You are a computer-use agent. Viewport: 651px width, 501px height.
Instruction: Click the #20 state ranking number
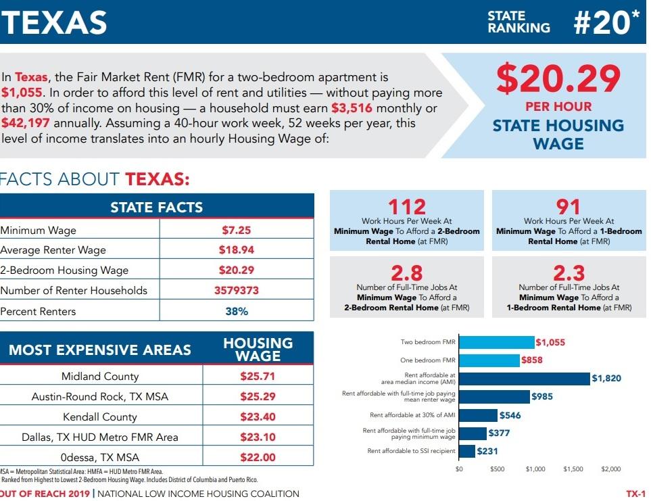604,23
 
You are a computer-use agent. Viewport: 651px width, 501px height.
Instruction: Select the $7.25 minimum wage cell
236,230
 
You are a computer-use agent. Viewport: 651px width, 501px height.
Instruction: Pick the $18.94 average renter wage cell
236,250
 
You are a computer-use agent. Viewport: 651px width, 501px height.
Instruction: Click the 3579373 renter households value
236,291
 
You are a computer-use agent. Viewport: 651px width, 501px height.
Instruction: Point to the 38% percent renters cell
236,312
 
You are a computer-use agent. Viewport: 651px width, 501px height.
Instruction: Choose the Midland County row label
100,377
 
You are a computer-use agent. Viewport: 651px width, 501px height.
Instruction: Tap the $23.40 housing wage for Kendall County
258,417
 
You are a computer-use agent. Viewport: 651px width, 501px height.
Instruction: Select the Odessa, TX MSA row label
100,458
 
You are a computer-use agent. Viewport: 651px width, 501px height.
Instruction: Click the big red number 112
407,206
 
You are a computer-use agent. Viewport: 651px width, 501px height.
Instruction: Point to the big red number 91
569,206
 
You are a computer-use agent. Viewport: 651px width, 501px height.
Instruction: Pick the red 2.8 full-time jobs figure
407,272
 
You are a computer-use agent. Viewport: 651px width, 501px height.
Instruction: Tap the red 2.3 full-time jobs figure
569,272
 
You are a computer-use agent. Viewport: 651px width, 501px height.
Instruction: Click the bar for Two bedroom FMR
496,343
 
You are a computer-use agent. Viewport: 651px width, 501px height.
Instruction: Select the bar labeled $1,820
525,379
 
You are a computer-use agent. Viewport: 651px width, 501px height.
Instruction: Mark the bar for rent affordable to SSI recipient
467,451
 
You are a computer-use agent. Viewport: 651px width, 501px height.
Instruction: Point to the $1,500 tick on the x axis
573,469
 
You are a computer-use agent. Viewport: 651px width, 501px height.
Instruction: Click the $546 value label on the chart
510,415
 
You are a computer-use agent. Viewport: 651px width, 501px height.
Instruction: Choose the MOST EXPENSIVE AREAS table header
100,350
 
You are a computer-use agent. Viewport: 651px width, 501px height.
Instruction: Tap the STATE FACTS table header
156,208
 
